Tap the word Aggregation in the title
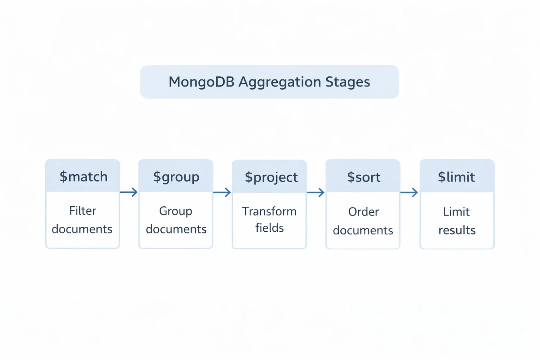(280, 82)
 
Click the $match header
(83, 177)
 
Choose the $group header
(176, 177)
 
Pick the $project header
(271, 177)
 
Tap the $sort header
(364, 177)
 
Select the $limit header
(456, 177)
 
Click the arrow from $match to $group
(129, 192)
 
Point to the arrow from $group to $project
(222, 192)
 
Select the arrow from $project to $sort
(315, 192)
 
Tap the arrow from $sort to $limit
(409, 192)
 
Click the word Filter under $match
(83, 211)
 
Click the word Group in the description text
(175, 211)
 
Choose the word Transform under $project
(269, 211)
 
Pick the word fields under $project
(269, 228)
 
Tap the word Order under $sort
(364, 212)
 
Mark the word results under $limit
(457, 230)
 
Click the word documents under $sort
(363, 230)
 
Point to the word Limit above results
(456, 212)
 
